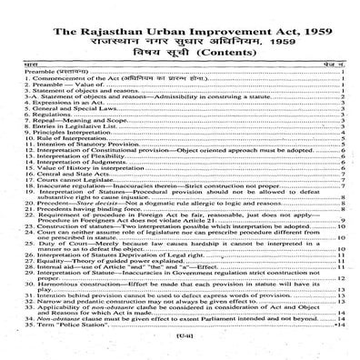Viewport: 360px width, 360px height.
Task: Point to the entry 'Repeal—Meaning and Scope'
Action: tap(63, 123)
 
